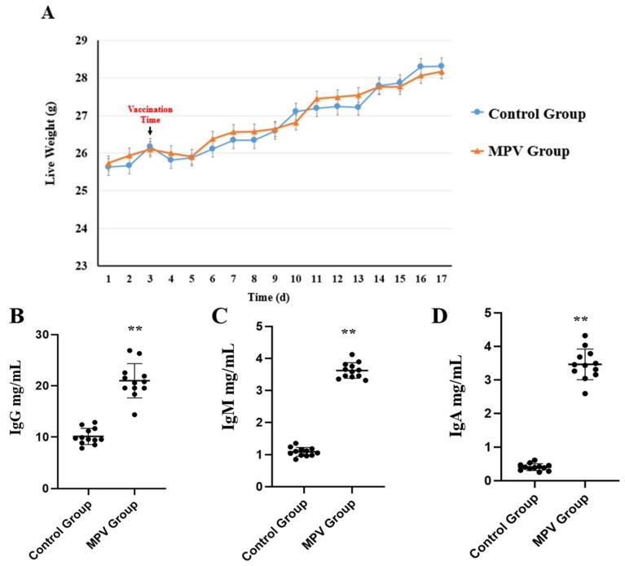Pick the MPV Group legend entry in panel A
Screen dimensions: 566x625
pos(524,151)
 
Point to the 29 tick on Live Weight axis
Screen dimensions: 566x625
pos(81,41)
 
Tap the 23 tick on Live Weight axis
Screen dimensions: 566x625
pos(81,265)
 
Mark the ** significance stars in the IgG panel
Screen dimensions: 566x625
pos(135,329)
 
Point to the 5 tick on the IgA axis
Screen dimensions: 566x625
pos(484,313)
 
